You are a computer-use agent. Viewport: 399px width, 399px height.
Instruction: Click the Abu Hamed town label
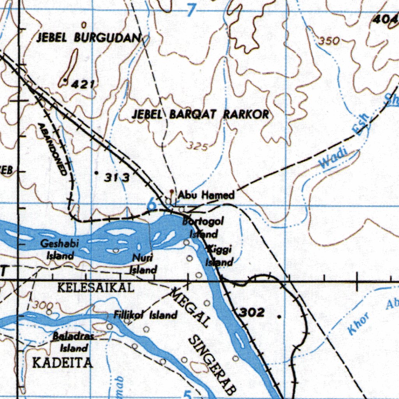tap(206, 195)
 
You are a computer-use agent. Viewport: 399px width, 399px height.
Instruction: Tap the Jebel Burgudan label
tap(88, 37)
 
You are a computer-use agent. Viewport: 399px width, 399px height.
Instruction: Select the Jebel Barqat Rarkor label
tap(200, 114)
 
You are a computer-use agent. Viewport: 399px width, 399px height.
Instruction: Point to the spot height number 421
tap(83, 83)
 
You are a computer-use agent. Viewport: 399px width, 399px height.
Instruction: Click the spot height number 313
tap(117, 178)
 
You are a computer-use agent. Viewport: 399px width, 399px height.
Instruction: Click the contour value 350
tap(329, 41)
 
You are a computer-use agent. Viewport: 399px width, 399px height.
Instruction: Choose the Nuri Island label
tap(143, 263)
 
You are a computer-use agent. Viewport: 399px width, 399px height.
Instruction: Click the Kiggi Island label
tap(219, 255)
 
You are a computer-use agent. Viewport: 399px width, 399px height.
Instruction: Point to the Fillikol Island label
tap(145, 315)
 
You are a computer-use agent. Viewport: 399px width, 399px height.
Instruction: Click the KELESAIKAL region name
tap(96, 288)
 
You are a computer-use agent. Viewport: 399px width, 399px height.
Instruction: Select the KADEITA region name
tap(63, 363)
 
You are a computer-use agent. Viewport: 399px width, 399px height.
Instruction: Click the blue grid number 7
tap(190, 11)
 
